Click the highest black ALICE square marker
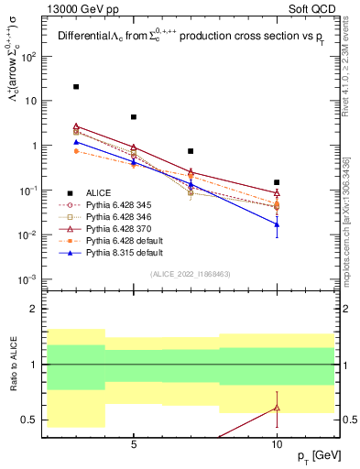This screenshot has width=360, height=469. click(x=76, y=87)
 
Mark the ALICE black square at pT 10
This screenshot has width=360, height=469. click(x=277, y=182)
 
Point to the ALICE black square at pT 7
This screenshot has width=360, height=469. click(x=191, y=151)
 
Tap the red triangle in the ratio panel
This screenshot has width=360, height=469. click(x=277, y=408)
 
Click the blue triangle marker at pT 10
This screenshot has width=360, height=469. click(x=277, y=224)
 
